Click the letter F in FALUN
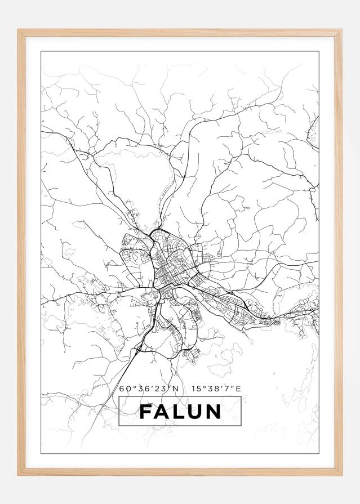pos(145,412)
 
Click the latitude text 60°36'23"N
pos(149,389)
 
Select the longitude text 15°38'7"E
pos(216,389)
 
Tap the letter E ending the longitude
pos(238,389)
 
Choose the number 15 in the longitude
pos(195,389)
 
